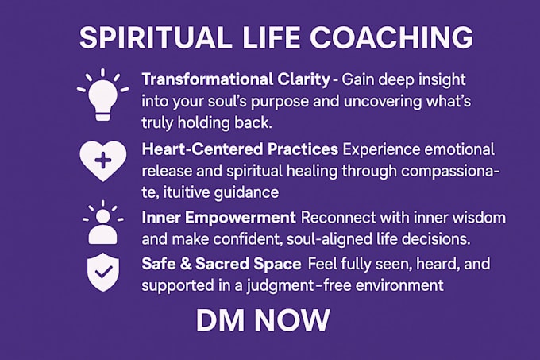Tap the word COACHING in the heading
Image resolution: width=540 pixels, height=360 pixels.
click(391, 37)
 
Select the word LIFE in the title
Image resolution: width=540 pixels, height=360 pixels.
click(271, 37)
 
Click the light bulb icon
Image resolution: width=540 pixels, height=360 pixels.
click(102, 95)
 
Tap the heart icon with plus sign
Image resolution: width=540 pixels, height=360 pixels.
click(103, 161)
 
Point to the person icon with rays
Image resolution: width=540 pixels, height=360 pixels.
click(103, 223)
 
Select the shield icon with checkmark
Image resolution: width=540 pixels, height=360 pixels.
click(103, 272)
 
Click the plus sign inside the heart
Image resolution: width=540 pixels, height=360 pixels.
click(103, 161)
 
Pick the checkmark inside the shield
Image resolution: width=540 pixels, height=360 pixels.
click(103, 272)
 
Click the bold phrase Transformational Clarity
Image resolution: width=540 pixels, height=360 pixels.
click(236, 80)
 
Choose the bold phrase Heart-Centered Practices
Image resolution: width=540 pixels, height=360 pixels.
click(240, 149)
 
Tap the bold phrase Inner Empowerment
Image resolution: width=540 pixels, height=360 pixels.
click(218, 218)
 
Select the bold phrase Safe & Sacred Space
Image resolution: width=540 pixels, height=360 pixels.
click(222, 264)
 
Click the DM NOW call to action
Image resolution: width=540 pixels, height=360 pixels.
click(263, 320)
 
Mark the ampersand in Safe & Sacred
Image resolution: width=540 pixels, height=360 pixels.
click(186, 264)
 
